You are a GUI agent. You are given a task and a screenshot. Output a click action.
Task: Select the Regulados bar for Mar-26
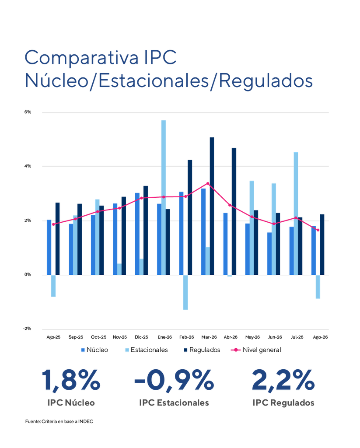click(212, 206)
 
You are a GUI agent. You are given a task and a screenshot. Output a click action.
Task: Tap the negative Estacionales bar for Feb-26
click(185, 292)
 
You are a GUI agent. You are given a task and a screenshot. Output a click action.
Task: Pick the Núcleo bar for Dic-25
click(137, 234)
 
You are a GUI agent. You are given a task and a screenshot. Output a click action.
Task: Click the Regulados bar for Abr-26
click(234, 211)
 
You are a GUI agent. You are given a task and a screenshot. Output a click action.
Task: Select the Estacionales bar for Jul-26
click(296, 213)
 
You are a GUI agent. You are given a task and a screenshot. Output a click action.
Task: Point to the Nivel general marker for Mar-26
click(208, 183)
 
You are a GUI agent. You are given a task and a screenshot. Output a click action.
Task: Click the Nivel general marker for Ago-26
click(318, 230)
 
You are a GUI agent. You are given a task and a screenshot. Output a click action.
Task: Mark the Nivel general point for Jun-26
click(274, 224)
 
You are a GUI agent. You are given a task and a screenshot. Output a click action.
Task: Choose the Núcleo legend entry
click(95, 350)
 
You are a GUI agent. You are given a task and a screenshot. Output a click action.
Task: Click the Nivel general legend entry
click(256, 350)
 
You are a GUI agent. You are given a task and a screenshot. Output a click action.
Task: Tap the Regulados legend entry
click(202, 350)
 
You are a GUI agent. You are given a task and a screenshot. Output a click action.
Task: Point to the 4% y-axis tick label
click(28, 166)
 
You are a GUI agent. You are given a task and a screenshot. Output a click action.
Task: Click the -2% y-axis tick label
click(27, 329)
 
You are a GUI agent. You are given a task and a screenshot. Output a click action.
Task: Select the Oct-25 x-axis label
click(98, 337)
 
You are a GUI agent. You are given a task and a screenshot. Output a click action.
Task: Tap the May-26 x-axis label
click(252, 337)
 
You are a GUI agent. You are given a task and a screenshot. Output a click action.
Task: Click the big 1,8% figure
click(71, 380)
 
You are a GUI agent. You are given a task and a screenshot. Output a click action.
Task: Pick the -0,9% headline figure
click(174, 380)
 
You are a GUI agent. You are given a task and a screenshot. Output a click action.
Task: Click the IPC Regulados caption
click(283, 402)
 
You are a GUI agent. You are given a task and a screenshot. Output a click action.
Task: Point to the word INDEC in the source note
click(86, 421)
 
